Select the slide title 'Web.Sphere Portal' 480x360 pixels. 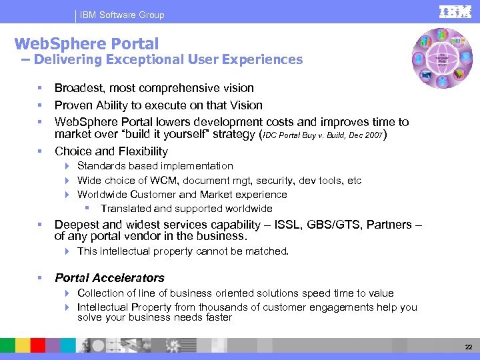coord(87,44)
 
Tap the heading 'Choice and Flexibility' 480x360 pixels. coord(111,151)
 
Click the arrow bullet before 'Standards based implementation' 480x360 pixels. coord(68,166)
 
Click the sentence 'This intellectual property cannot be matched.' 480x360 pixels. coord(183,251)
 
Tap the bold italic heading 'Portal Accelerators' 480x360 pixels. coord(109,278)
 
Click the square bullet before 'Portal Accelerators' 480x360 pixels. coord(41,278)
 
